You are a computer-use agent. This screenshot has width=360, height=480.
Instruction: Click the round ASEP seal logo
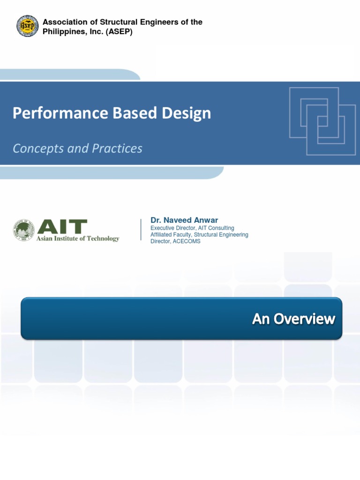(x=28, y=27)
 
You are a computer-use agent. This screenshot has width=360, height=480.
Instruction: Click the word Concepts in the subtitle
(x=36, y=149)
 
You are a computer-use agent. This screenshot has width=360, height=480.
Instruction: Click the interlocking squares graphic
(x=322, y=121)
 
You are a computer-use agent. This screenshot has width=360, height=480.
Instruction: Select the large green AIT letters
(x=62, y=227)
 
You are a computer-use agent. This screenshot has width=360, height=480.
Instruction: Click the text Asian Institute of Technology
(x=78, y=239)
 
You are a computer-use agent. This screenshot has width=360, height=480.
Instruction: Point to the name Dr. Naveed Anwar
(x=184, y=220)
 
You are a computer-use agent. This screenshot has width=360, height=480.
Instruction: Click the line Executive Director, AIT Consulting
(x=192, y=228)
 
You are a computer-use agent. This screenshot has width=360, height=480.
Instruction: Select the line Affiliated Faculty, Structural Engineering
(x=199, y=234)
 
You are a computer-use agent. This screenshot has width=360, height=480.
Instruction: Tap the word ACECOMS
(x=187, y=241)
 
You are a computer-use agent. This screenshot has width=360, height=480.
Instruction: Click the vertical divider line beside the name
(x=141, y=230)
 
